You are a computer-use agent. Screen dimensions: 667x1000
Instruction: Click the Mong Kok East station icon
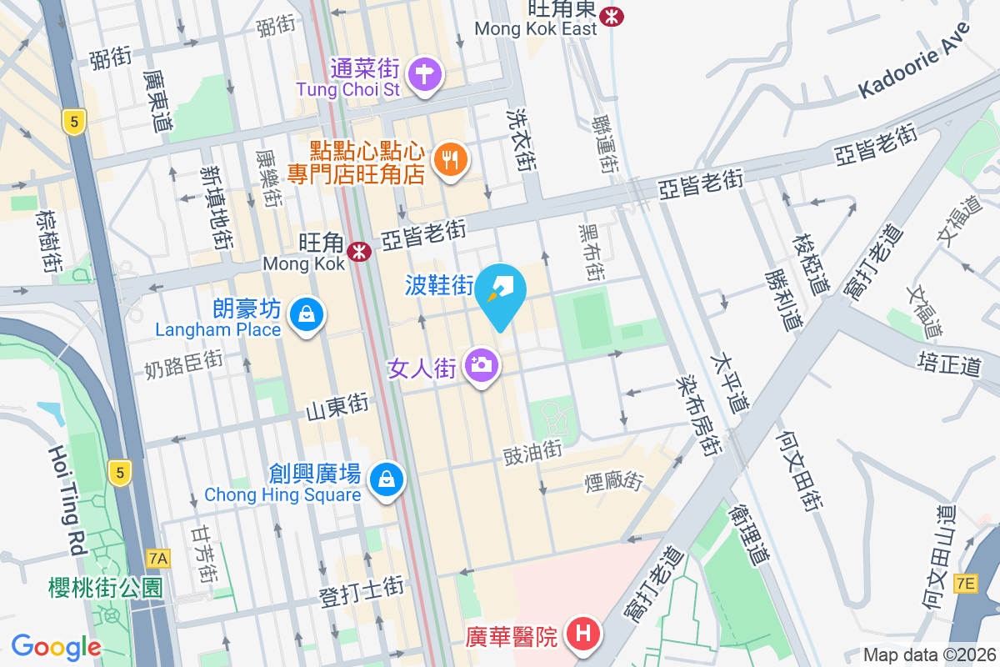point(613,15)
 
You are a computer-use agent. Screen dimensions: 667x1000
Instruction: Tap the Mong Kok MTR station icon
point(360,250)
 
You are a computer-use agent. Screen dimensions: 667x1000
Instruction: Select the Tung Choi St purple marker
point(425,73)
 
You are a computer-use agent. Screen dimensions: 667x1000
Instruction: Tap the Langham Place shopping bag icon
point(307,314)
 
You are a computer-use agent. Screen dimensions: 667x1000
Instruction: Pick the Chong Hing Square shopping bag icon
point(387,479)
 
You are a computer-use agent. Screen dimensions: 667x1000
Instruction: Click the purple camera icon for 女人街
point(481,364)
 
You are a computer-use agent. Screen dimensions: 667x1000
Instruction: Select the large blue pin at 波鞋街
point(501,293)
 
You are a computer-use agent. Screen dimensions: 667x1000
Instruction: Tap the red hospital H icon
point(583,634)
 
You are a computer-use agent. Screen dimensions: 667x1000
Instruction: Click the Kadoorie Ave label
point(914,61)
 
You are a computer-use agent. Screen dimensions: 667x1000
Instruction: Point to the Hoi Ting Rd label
point(67,500)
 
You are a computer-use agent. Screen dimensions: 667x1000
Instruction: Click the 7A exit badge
point(157,558)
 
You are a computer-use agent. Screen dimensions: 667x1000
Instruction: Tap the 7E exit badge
point(965,584)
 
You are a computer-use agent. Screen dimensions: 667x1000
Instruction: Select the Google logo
point(56,647)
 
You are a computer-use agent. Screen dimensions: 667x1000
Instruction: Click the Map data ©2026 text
point(929,655)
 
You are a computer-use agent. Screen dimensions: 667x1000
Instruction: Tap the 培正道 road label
point(950,364)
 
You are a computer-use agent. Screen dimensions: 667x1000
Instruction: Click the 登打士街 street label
point(362,590)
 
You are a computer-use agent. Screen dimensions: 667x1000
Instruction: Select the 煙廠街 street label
point(614,482)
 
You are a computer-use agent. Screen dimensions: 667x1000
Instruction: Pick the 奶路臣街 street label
point(183,364)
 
